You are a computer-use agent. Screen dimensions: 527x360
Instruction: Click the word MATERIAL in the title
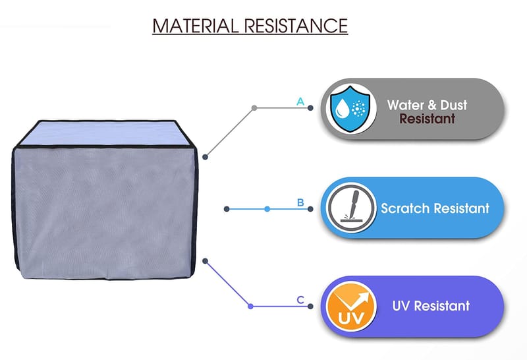[195, 26]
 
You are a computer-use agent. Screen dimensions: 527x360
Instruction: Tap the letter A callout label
[300, 102]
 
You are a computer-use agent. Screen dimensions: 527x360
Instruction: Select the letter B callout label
[300, 202]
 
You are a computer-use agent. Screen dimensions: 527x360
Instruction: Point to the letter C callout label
[300, 300]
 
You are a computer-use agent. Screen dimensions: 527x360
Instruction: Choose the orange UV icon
[351, 306]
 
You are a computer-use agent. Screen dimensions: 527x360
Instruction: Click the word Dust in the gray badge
[453, 105]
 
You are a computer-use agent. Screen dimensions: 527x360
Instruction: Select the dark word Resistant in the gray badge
[427, 119]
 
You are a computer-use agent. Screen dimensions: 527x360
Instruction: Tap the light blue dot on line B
[267, 209]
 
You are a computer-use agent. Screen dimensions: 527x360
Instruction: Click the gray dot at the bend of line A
[254, 108]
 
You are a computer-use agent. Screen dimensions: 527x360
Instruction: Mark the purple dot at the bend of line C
[250, 306]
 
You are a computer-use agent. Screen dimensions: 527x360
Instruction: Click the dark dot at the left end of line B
[227, 209]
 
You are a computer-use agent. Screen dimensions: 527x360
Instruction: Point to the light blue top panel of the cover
[101, 133]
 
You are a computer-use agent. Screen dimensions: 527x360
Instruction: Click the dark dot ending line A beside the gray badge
[310, 108]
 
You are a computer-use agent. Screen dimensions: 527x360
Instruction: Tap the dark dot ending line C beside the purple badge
[310, 306]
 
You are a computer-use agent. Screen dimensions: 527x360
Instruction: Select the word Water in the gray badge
[401, 105]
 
